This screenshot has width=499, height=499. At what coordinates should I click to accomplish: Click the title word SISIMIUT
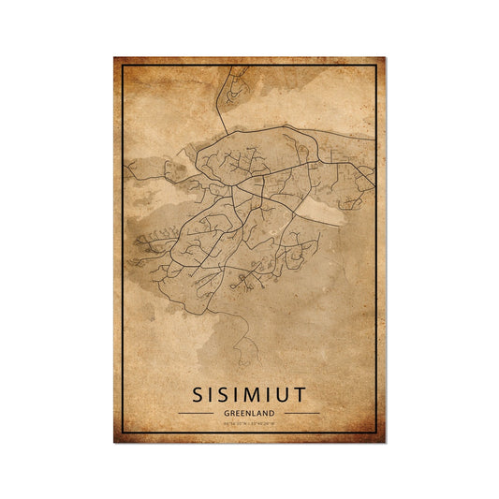coord(249,389)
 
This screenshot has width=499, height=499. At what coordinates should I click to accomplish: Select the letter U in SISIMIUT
coord(291,389)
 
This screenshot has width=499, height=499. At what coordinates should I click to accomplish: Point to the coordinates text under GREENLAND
coord(249,423)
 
